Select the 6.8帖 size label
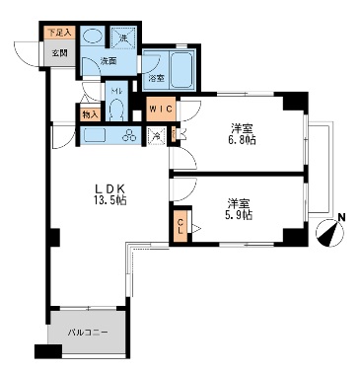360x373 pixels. (242, 139)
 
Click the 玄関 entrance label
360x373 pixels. (58, 52)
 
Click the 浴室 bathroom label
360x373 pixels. (157, 77)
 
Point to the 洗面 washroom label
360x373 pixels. (108, 62)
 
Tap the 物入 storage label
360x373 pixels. (89, 114)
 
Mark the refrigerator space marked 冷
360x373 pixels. (157, 136)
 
